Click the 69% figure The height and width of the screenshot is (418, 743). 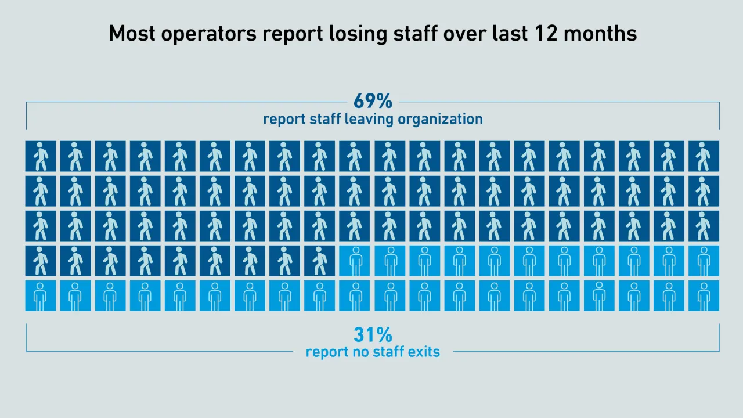tap(373, 101)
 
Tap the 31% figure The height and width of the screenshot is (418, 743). tap(373, 335)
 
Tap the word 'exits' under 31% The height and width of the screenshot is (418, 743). tap(423, 352)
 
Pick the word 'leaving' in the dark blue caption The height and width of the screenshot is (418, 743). tap(369, 120)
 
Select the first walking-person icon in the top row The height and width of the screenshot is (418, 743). tap(41, 156)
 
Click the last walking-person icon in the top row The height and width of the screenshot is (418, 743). tap(704, 156)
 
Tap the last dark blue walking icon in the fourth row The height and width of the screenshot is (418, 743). tap(320, 261)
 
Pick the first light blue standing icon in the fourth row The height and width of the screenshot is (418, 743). tap(355, 261)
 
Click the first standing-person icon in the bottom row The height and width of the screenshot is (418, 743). tap(41, 296)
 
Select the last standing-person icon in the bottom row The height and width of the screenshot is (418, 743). tap(704, 296)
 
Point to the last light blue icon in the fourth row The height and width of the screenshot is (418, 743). tap(704, 261)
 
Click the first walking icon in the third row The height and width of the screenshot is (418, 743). tap(41, 226)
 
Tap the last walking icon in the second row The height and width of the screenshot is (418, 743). tap(704, 191)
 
